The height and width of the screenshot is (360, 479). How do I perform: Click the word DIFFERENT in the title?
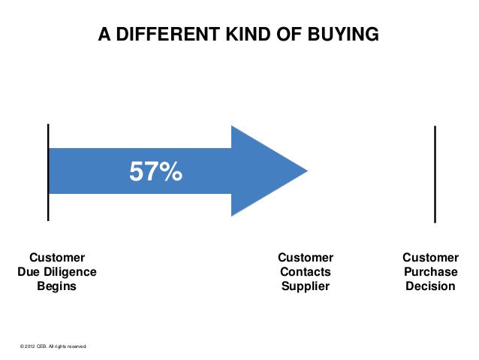point(168,34)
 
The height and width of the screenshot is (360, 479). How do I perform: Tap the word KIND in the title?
point(249,34)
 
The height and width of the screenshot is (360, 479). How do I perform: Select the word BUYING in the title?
point(343,34)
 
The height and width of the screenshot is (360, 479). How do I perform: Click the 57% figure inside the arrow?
point(156,171)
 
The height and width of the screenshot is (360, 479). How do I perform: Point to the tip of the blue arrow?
point(307,171)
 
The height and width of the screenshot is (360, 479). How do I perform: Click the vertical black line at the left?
point(48,172)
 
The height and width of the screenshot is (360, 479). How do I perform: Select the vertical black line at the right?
point(435,174)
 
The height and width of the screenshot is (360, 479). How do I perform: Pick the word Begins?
point(56,286)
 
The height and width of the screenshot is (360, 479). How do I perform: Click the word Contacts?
point(306,271)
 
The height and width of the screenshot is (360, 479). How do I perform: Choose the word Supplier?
point(306,286)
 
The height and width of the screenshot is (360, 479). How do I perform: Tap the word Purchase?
point(431,271)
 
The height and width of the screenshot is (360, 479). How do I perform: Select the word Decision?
point(430,286)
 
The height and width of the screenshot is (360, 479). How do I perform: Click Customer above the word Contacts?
point(306,258)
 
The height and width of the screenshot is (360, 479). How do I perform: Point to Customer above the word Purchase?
point(430,258)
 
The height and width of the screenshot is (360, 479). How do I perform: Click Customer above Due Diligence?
point(57,258)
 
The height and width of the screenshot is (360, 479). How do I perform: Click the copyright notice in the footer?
point(53,346)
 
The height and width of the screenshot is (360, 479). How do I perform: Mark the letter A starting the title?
point(104,34)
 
